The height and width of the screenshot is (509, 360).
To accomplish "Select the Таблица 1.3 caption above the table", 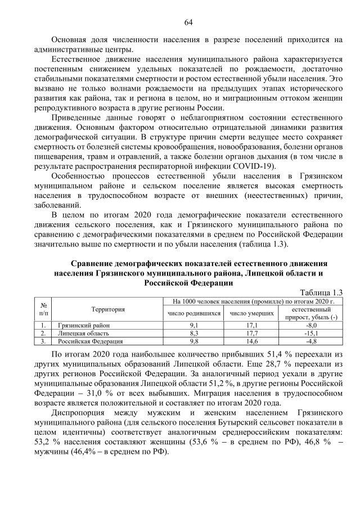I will [x=321, y=292].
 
